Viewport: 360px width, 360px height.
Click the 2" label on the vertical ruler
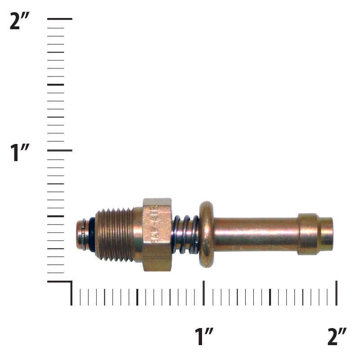[22, 21]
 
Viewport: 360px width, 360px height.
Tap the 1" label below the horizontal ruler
[204, 337]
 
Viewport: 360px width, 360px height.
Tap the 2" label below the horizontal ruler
[337, 337]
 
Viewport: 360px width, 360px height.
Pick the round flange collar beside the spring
[206, 234]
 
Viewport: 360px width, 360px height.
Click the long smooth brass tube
[255, 234]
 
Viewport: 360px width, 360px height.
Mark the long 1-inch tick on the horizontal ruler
[204, 293]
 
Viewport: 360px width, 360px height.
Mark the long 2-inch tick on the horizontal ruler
[337, 293]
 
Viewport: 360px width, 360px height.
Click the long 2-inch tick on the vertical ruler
[60, 19]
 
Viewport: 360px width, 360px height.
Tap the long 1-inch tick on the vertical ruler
[60, 150]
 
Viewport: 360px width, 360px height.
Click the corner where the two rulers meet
[71, 282]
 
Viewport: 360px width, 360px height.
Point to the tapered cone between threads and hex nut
[138, 234]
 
